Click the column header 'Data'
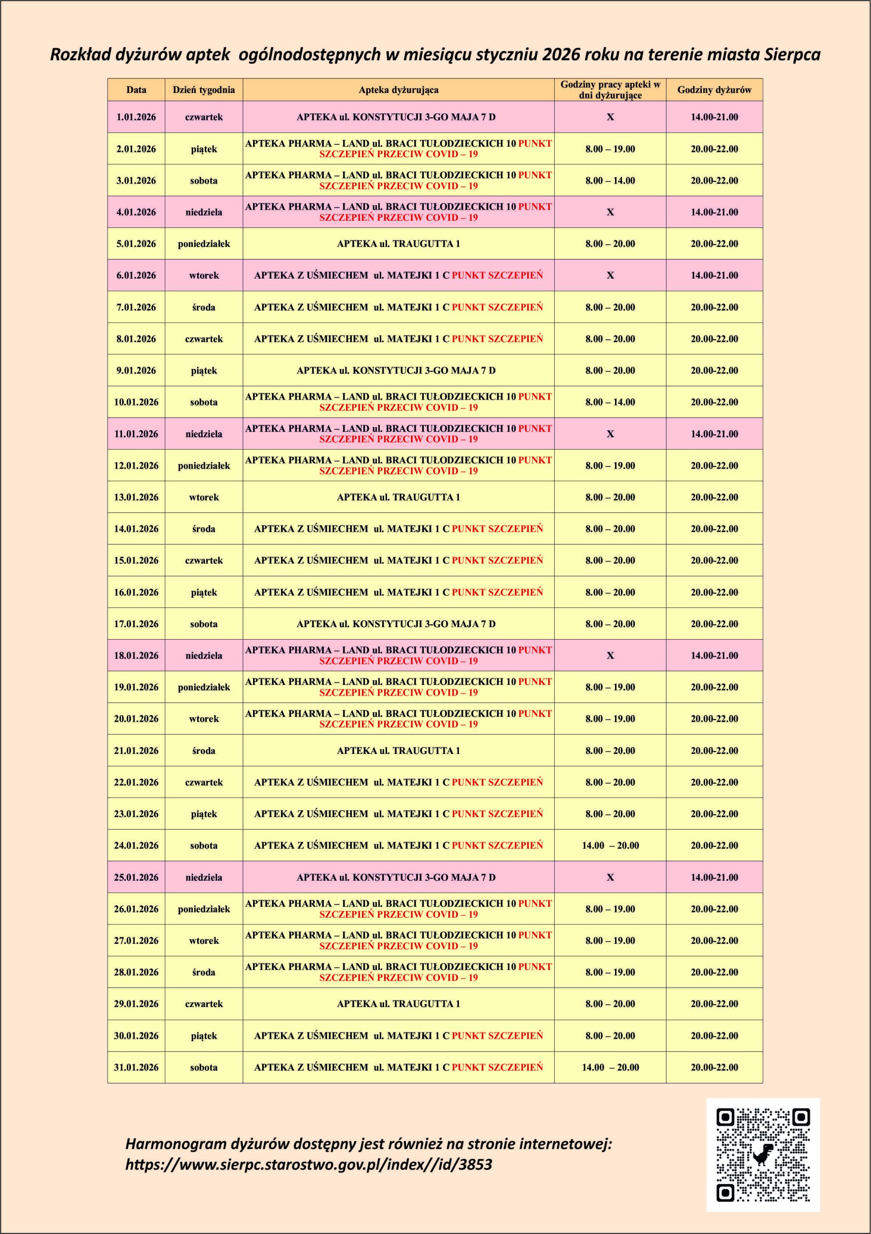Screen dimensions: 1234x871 tap(136, 90)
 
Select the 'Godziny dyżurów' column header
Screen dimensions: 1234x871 tap(714, 90)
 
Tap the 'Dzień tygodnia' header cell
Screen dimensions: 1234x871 tap(203, 90)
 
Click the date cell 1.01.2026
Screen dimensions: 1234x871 tap(136, 117)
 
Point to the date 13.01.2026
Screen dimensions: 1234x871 tap(136, 497)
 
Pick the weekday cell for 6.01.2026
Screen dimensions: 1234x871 tap(203, 275)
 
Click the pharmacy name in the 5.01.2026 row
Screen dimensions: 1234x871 tap(398, 243)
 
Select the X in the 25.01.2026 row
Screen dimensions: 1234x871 tap(610, 877)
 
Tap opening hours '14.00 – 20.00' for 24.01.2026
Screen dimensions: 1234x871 tap(610, 845)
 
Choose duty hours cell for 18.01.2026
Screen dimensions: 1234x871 tap(714, 655)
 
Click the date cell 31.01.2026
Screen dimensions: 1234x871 tap(136, 1067)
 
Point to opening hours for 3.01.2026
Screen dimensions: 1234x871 tap(610, 181)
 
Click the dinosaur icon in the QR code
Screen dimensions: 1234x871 tap(763, 1154)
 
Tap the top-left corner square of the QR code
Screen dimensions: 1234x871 tap(725, 1117)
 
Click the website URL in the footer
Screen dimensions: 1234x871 tap(308, 1165)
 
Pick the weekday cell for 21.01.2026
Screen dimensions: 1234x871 tap(203, 751)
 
